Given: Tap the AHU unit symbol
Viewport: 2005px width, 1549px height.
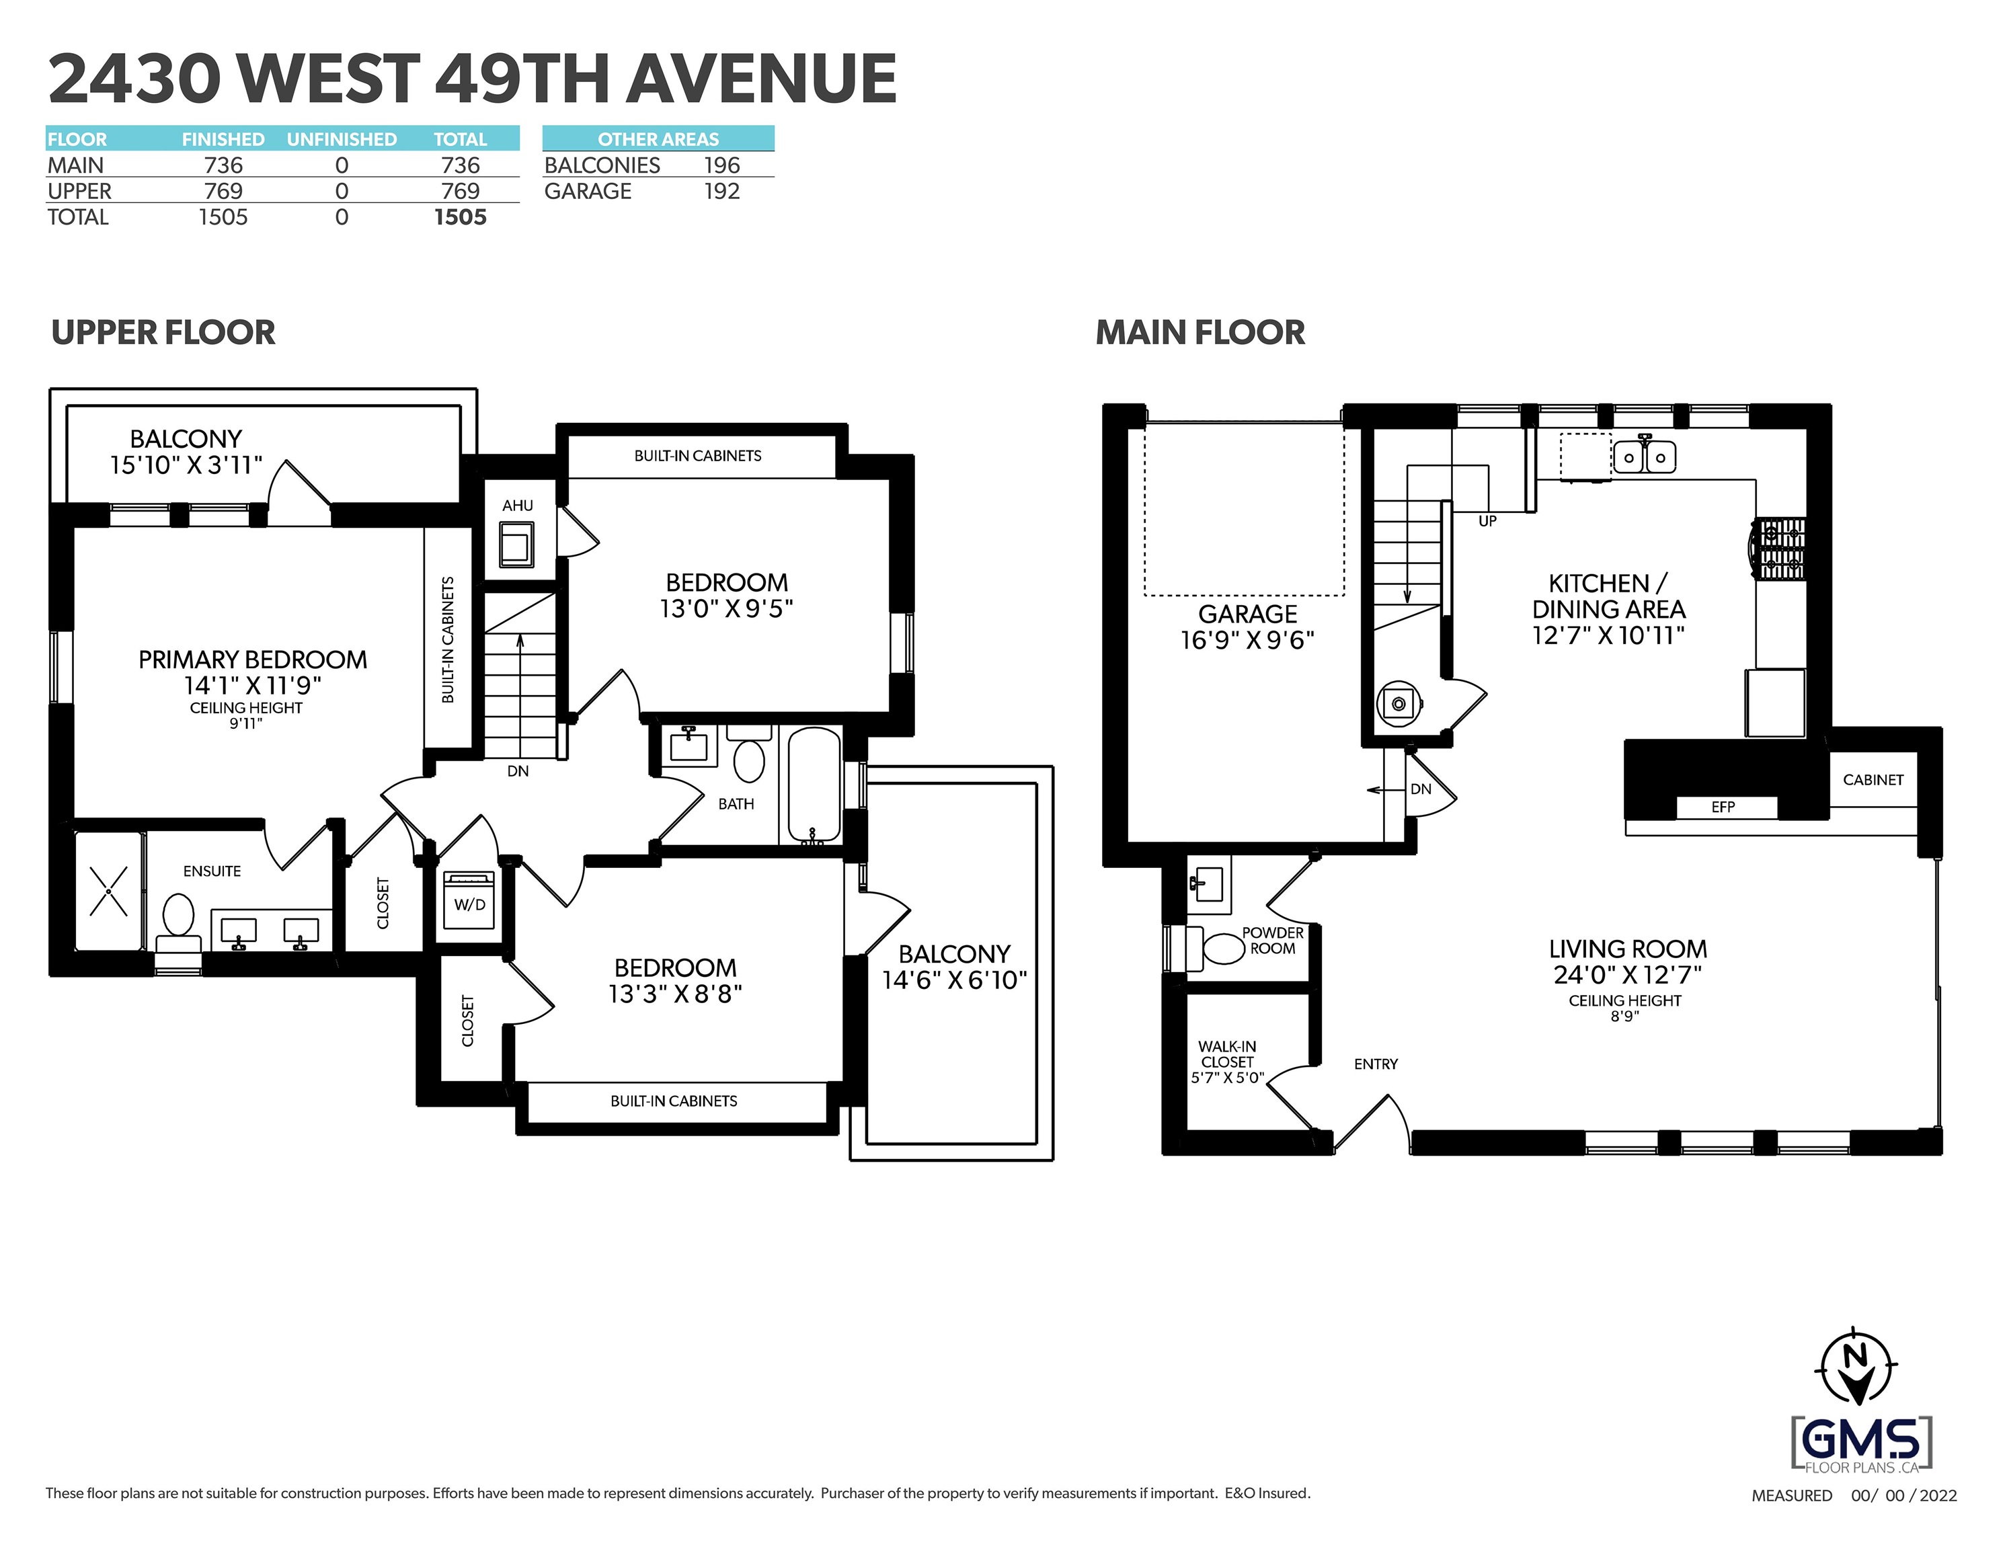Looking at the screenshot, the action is pos(516,545).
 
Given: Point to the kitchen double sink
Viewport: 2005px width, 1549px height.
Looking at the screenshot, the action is pos(1645,456).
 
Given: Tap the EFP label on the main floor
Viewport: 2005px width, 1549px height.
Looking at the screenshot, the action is pos(1722,807).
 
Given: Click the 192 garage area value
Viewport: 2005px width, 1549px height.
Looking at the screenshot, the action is pos(721,191).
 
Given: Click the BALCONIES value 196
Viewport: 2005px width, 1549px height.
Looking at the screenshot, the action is pos(721,165).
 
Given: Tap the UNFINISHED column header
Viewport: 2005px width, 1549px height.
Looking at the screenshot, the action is pos(342,140).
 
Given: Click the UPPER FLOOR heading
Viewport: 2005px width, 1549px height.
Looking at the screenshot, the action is pos(163,332).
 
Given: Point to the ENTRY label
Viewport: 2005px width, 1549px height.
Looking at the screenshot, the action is pos(1375,1064).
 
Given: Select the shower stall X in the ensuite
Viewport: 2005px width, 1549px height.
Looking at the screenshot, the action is pos(108,891).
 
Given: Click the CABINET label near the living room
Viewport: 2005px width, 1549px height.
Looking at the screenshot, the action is pos(1873,780).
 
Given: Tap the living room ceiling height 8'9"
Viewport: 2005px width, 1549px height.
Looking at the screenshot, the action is pos(1625,1017).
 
